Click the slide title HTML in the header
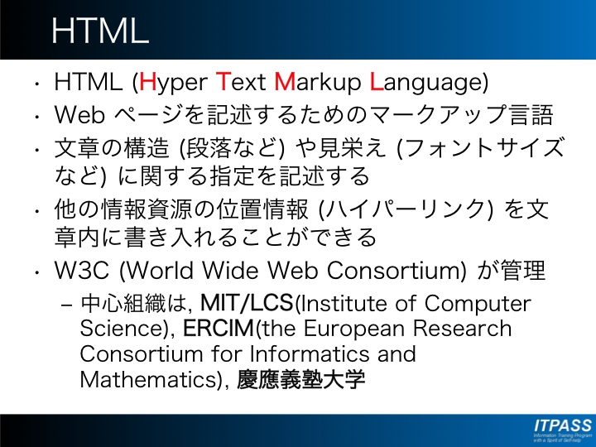pos(100,31)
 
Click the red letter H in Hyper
pos(148,82)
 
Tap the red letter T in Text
pos(223,82)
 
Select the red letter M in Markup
pos(285,82)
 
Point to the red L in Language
pos(377,82)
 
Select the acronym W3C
pos(81,270)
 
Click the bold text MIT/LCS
pos(248,303)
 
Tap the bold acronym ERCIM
pos(219,329)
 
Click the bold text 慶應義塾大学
pos(301,379)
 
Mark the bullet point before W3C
pos(37,272)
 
